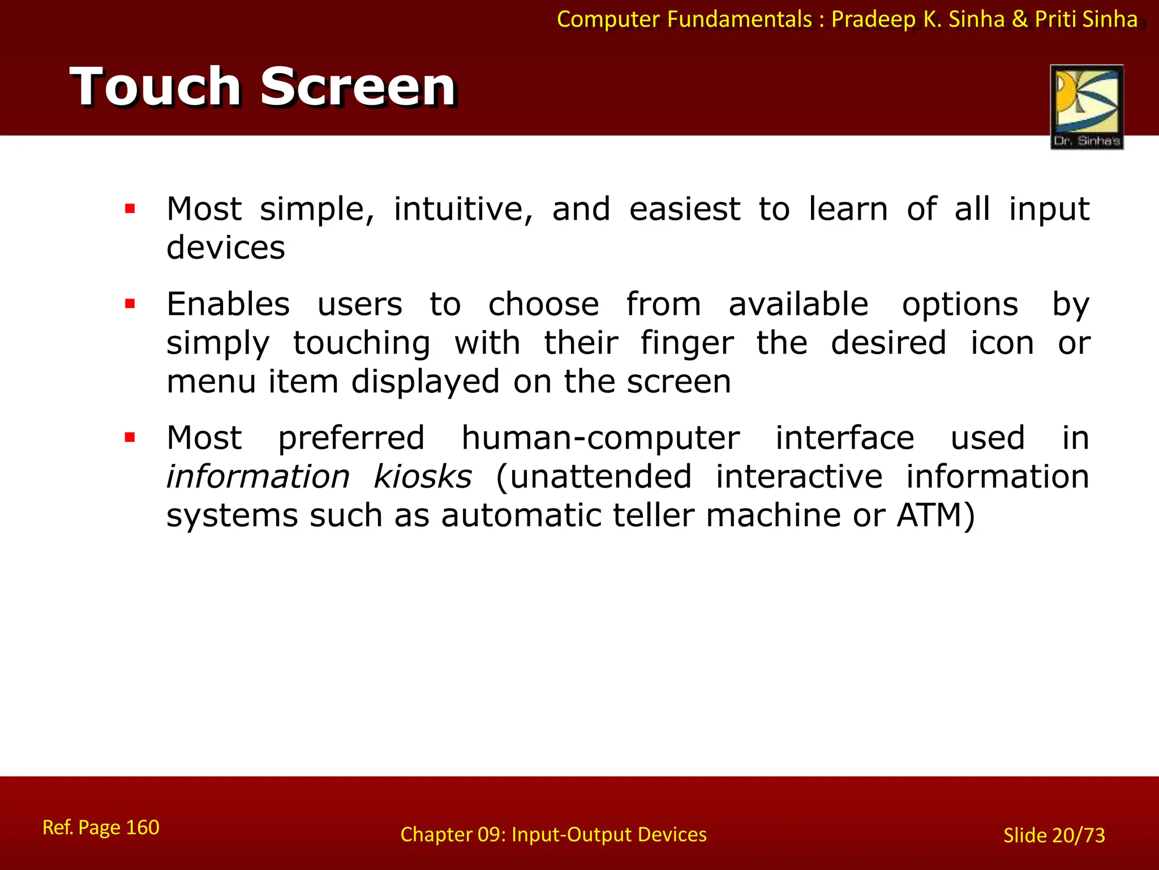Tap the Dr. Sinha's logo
pyautogui.click(x=1087, y=106)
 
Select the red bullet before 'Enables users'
pyautogui.click(x=130, y=304)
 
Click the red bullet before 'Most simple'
pyautogui.click(x=130, y=209)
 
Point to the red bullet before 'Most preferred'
pyautogui.click(x=130, y=437)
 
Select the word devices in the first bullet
pyautogui.click(x=226, y=248)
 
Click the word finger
pyautogui.click(x=686, y=343)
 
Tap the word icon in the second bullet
pyautogui.click(x=1002, y=343)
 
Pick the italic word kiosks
pyautogui.click(x=423, y=476)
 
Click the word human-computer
pyautogui.click(x=600, y=438)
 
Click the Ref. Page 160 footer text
pyautogui.click(x=101, y=828)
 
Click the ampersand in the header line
pyautogui.click(x=1020, y=19)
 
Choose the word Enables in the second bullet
pyautogui.click(x=228, y=304)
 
